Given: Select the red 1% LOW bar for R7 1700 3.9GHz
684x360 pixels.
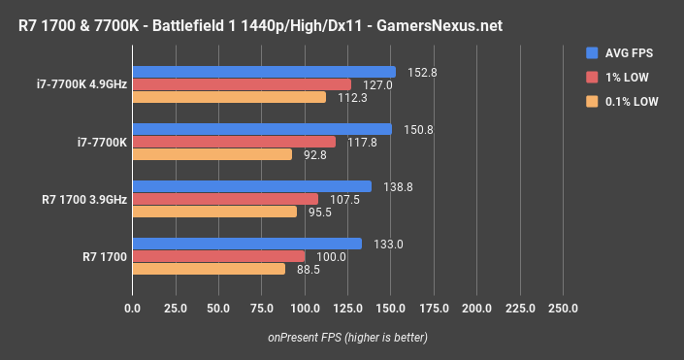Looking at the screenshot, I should [225, 199].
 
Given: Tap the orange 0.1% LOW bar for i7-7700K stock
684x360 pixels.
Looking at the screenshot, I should [212, 154].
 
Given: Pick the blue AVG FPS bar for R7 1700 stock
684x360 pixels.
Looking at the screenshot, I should [246, 244].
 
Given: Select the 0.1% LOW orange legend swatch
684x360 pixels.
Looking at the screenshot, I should [592, 101].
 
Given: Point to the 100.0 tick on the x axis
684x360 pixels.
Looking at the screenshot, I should [305, 310].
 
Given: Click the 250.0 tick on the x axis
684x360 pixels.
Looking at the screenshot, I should [563, 310].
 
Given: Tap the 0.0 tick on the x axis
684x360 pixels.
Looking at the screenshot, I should [133, 310].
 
